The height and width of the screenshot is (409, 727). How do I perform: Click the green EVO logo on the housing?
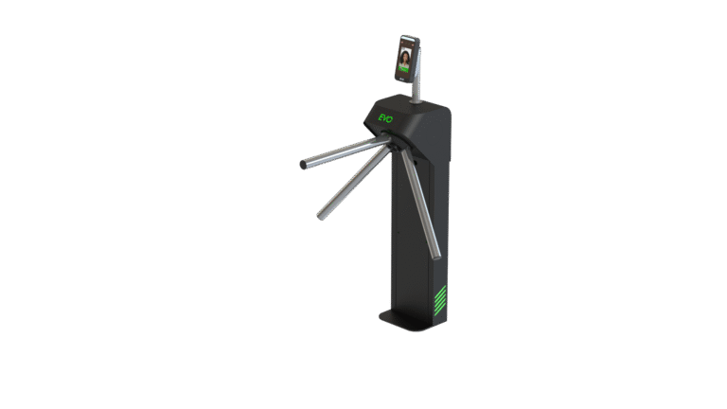coord(385,118)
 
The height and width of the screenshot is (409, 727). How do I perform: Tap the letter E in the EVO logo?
coord(381,117)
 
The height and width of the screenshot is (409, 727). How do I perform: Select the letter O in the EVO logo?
coord(390,119)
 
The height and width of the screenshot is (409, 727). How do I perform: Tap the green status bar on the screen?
coord(403,70)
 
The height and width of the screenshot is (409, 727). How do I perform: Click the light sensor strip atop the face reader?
coord(408,37)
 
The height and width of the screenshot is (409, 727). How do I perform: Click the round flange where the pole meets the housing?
coord(416,99)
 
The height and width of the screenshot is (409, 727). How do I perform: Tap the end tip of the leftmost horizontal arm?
coord(303,165)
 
